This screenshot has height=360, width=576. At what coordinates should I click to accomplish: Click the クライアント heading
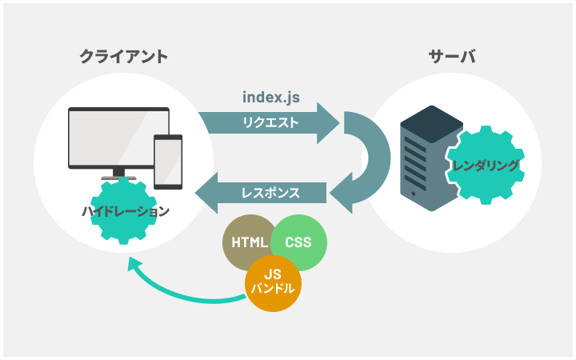124,57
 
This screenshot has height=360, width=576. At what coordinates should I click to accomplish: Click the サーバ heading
451,57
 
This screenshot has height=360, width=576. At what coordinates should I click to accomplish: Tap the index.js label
271,98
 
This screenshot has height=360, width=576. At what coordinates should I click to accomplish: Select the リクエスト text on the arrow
270,122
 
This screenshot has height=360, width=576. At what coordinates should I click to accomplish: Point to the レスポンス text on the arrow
270,193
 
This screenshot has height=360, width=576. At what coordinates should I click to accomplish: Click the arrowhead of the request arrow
328,123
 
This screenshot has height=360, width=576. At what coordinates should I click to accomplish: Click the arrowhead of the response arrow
206,193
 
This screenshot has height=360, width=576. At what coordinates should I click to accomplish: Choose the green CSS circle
298,242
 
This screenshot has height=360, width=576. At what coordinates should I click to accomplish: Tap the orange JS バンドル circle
273,283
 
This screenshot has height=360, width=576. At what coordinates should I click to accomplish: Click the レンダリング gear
486,166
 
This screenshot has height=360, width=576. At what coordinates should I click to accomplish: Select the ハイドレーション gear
124,211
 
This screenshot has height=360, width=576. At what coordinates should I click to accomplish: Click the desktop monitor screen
118,138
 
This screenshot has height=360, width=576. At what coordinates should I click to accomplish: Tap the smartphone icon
168,162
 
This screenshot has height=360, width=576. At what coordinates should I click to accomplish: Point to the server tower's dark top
432,124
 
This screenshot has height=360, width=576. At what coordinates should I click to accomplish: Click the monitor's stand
118,174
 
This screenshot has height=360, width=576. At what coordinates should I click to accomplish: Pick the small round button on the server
414,194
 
